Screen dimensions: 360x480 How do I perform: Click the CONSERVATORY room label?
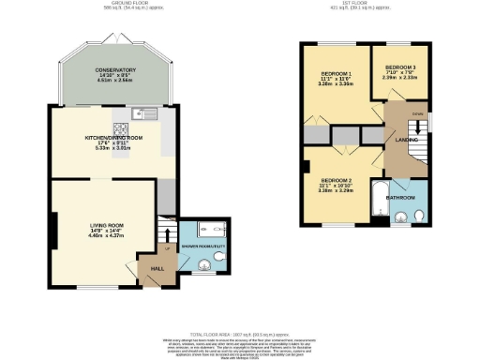(115, 70)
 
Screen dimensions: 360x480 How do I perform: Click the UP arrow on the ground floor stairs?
(168, 248)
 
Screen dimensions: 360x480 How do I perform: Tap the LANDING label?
(406, 140)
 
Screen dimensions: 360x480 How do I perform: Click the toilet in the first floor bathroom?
(419, 217)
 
